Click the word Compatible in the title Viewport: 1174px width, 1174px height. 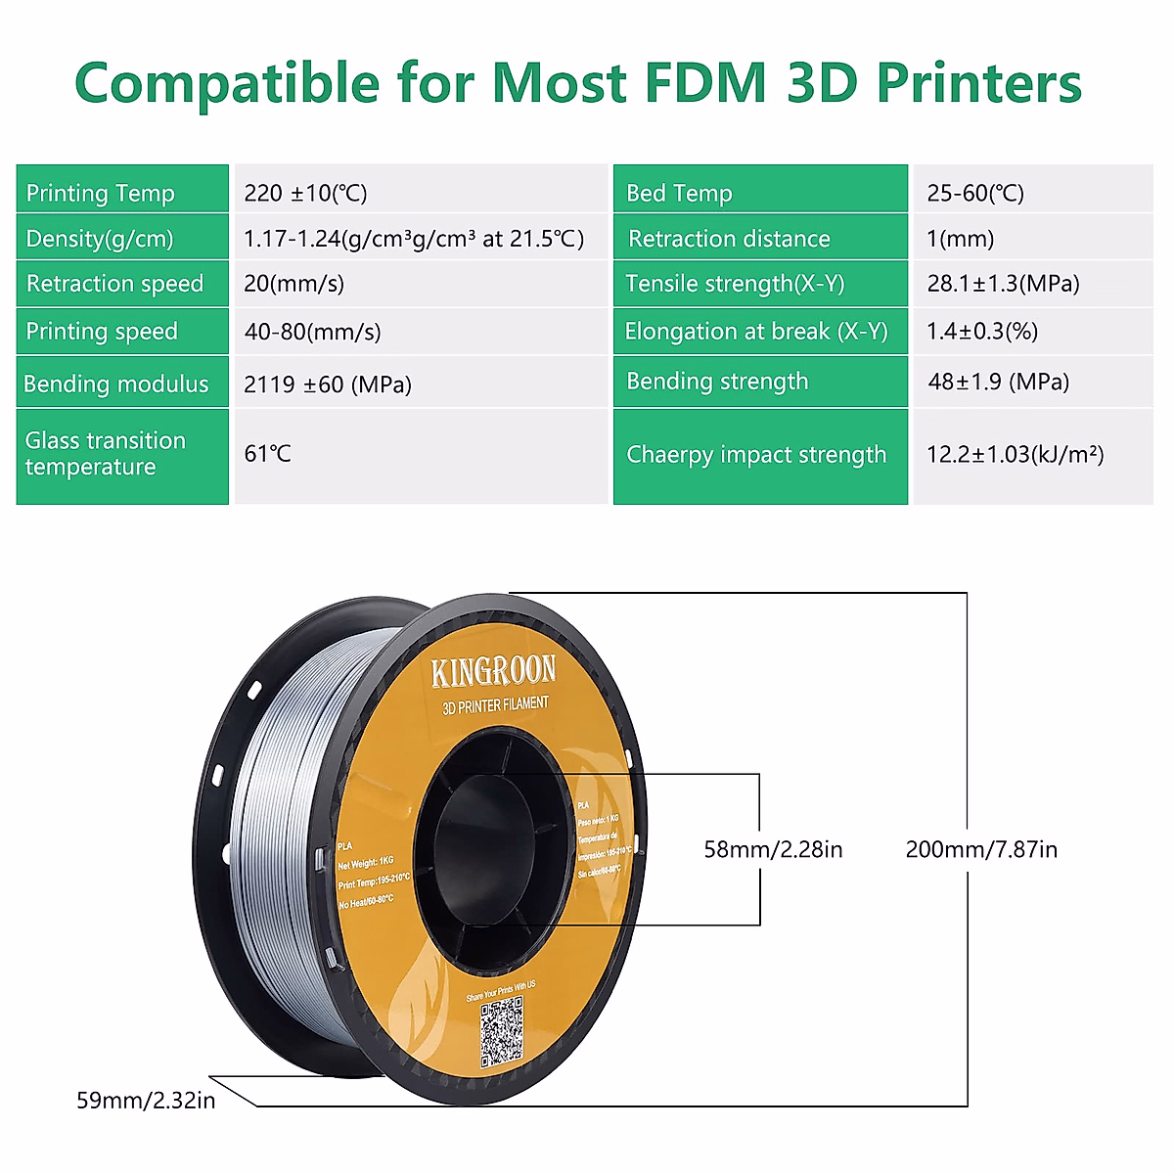227,83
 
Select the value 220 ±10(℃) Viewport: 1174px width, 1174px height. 306,193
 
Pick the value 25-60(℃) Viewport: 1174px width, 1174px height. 975,193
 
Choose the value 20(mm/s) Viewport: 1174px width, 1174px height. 294,284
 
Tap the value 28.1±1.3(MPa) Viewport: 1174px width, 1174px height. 1004,284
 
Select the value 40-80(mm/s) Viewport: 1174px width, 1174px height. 313,332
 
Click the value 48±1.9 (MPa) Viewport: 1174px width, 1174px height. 999,382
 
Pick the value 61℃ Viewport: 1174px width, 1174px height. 268,454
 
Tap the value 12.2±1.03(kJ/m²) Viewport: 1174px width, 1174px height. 1016,454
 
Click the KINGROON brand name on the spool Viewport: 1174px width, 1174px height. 493,671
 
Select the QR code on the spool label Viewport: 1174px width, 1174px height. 501,1032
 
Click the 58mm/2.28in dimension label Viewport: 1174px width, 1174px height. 773,849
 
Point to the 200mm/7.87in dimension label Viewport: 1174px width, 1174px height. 981,849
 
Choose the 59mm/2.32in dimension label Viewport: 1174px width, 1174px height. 146,1101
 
